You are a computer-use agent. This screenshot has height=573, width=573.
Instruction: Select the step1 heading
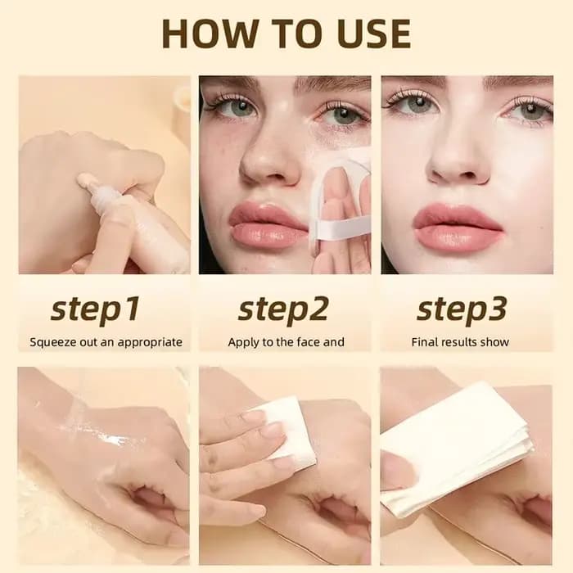(x=95, y=309)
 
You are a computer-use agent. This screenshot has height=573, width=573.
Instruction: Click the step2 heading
(x=283, y=309)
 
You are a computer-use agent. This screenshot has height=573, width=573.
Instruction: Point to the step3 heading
(x=462, y=309)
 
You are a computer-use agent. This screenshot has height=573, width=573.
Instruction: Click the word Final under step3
(x=425, y=342)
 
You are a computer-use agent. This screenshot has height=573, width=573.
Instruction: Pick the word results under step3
(x=460, y=342)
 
